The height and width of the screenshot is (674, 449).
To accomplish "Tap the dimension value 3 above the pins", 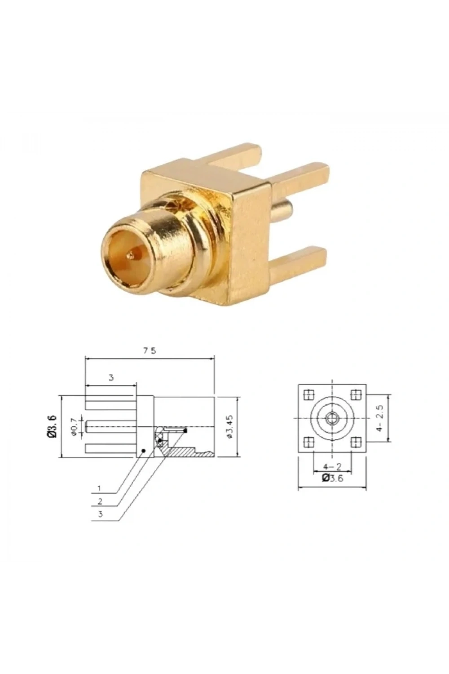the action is tap(111, 378).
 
